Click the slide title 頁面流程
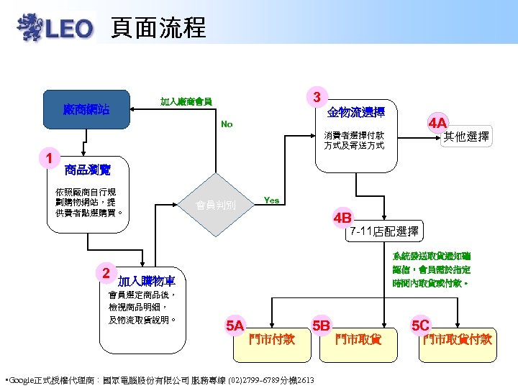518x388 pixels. coord(158,27)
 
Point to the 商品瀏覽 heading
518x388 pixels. coord(87,170)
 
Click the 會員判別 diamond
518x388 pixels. coord(215,205)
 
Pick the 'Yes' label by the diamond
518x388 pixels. coord(272,200)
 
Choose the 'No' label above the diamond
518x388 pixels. coord(227,124)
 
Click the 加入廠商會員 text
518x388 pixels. coord(186,101)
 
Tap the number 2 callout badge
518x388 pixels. coord(106,273)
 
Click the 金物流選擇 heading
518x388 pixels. coord(355,112)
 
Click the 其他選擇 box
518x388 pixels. coord(466,137)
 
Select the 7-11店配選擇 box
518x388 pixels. coord(383,231)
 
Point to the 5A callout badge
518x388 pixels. coord(235,325)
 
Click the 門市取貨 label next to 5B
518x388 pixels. coord(358,339)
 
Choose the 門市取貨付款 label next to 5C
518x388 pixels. coord(458,339)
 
